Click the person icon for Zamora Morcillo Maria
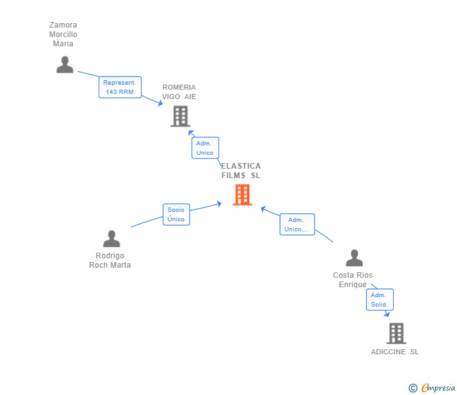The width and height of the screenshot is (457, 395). tap(65, 65)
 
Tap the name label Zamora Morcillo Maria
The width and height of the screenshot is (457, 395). tap(63, 34)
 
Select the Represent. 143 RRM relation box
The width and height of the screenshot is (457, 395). tap(120, 87)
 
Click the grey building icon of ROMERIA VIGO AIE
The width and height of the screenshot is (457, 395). tap(180, 116)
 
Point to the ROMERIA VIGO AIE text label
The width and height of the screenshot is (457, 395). tap(179, 92)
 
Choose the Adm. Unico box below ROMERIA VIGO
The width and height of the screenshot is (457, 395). tap(205, 148)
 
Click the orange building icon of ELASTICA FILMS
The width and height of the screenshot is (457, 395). tap(242, 195)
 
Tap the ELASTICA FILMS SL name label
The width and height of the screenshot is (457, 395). tap(241, 171)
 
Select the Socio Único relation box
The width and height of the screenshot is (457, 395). tap(176, 214)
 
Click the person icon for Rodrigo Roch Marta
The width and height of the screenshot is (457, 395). tap(111, 239)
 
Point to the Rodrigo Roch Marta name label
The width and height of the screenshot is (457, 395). tap(110, 260)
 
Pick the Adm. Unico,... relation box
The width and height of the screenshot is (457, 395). tap(297, 224)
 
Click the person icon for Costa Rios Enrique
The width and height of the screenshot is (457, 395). tap(354, 258)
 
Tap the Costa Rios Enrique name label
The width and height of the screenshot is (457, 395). tap(353, 280)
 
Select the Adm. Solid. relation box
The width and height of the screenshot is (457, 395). tap(379, 300)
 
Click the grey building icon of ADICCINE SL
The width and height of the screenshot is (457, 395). tap(395, 334)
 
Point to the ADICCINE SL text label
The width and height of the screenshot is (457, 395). tap(395, 352)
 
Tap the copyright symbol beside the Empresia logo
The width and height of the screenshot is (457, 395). tap(413, 389)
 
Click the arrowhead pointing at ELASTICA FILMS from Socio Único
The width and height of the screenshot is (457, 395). tap(219, 203)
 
